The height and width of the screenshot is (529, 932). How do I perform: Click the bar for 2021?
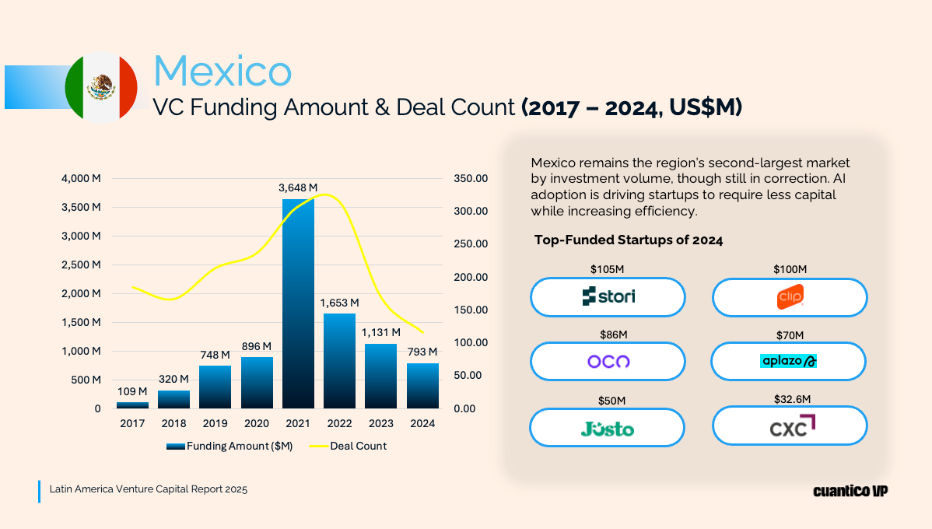click(298, 303)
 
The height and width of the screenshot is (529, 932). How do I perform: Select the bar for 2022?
click(339, 361)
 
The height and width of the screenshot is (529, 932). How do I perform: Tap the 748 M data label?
click(215, 356)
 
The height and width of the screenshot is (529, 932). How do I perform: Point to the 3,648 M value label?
click(298, 187)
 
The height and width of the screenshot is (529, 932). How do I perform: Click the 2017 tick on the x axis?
click(132, 424)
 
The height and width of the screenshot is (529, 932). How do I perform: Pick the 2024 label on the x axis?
click(422, 424)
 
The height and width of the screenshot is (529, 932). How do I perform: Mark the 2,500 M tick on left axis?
click(82, 264)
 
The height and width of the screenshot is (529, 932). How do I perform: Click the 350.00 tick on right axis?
click(470, 179)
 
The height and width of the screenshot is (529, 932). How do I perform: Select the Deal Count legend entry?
click(349, 447)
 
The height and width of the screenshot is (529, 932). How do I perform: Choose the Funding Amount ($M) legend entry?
click(229, 447)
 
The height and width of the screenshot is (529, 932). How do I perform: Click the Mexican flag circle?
click(101, 87)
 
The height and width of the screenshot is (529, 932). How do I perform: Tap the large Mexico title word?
click(222, 71)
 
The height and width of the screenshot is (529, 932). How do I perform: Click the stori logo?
click(608, 296)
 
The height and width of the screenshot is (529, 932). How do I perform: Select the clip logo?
click(790, 297)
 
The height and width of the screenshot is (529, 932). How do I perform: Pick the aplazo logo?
click(788, 361)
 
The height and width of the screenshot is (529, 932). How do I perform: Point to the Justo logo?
click(607, 428)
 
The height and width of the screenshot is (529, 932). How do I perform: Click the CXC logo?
click(790, 426)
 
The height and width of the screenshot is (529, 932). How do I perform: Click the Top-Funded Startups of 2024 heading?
click(629, 240)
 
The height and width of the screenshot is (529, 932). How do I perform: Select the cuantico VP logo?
click(850, 491)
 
